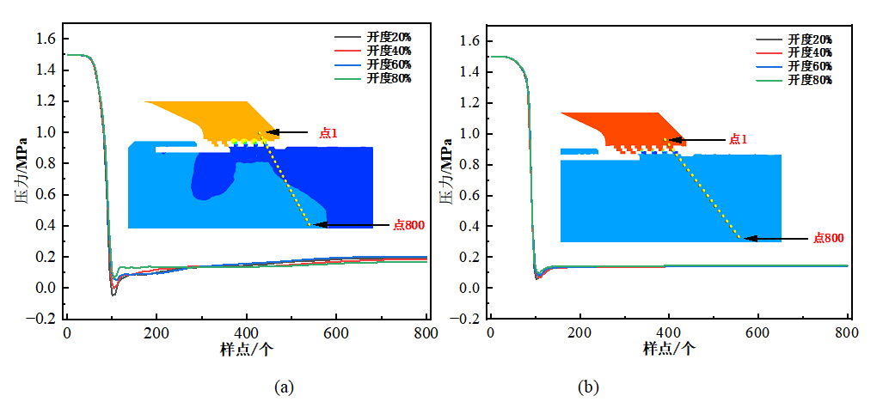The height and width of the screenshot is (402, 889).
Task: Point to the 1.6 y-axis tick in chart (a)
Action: coord(46,40)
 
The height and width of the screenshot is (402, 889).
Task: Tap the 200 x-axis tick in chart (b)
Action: coord(579,334)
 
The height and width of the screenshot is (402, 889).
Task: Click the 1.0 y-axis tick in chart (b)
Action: coord(469,133)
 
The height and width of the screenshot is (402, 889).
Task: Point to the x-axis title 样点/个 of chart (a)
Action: coord(246,350)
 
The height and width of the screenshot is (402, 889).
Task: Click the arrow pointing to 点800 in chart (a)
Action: coord(353,225)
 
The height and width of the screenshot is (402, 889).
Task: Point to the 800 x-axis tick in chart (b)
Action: coord(848,334)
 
